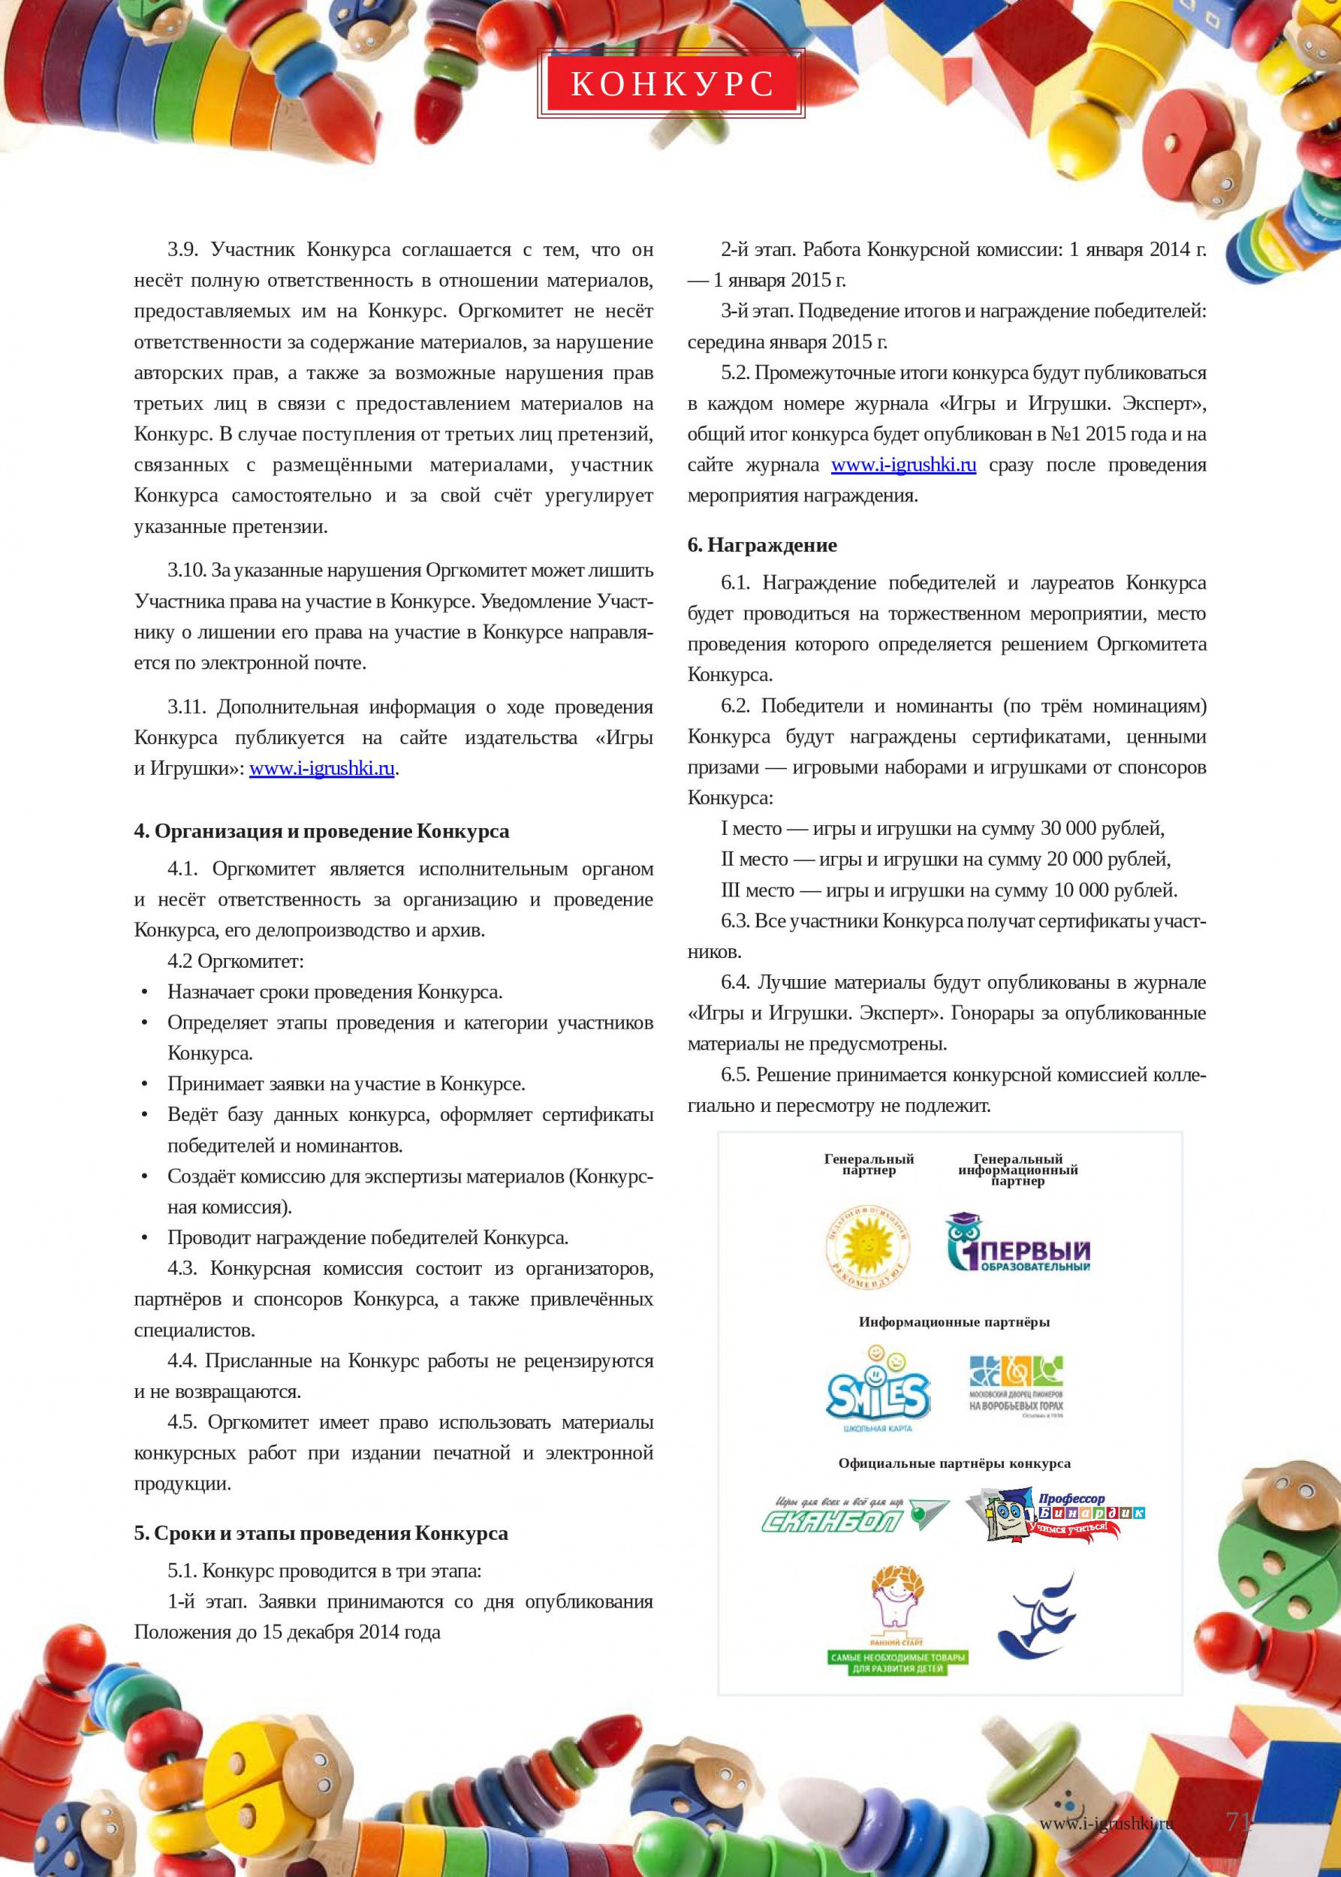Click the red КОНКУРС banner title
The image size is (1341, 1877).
(x=671, y=83)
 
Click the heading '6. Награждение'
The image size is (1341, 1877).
(x=761, y=545)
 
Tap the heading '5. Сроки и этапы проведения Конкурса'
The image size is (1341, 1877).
(x=321, y=1532)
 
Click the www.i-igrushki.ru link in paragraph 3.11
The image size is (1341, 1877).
(x=321, y=768)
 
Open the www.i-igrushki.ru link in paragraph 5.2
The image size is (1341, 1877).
(x=903, y=465)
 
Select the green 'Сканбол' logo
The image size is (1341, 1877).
(x=852, y=1515)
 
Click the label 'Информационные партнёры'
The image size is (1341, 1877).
(x=953, y=1322)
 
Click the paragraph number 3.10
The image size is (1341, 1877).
(x=185, y=571)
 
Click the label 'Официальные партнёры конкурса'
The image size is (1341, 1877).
(x=954, y=1463)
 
